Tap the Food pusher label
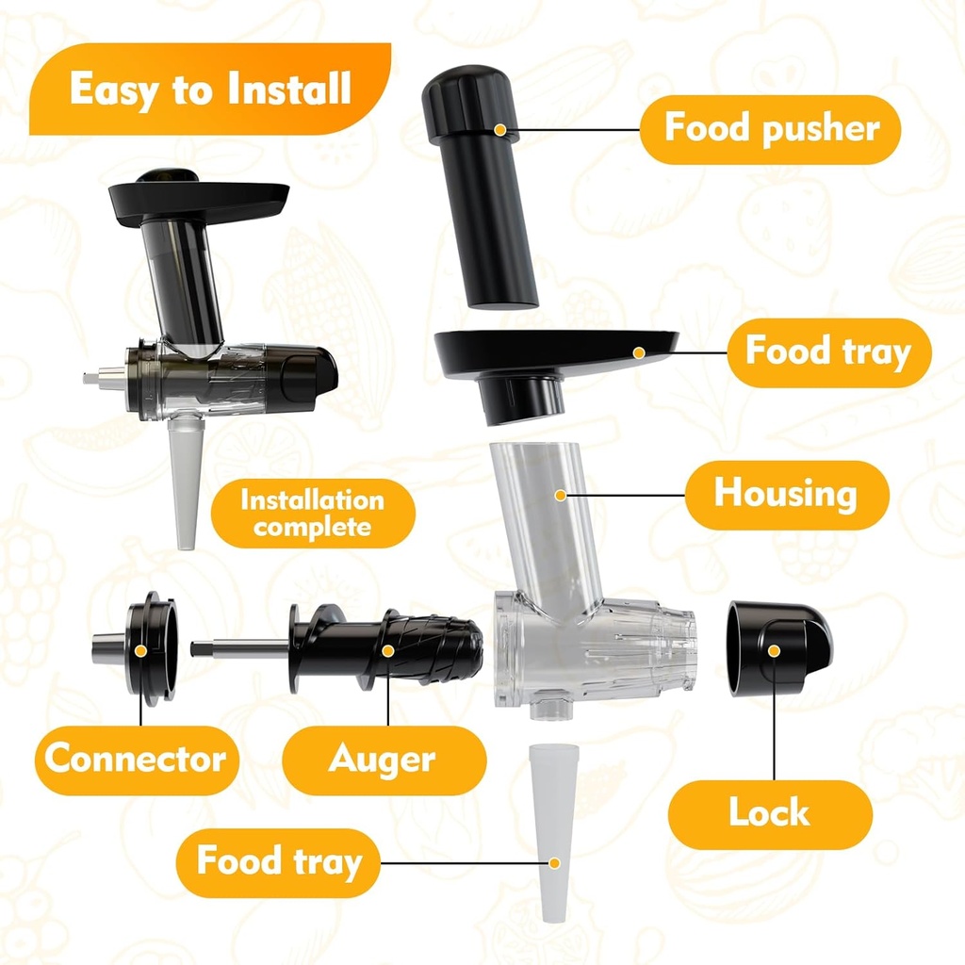coord(770,129)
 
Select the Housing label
coord(785,494)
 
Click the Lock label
coord(769,813)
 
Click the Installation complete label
coord(312,513)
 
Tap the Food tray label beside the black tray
coord(828,352)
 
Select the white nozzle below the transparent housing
coord(554,829)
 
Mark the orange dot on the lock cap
coord(773,649)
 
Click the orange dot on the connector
coord(140,649)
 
